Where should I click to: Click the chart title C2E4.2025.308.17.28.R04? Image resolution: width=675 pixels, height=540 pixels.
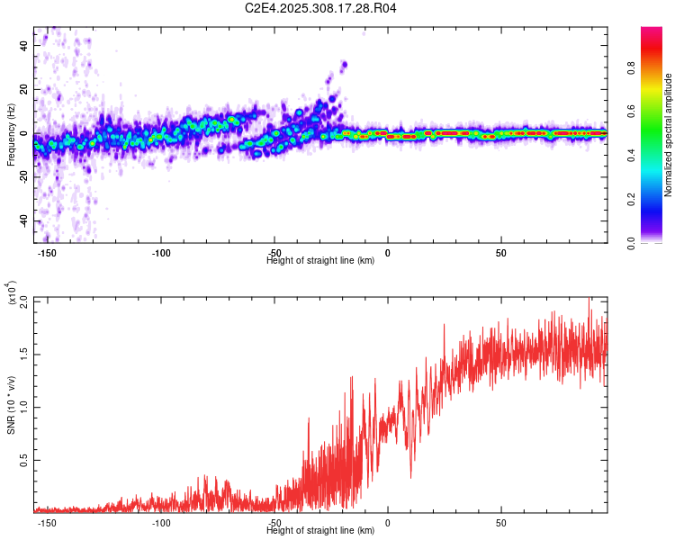(x=321, y=8)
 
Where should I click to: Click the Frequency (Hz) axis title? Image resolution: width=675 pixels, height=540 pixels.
(x=11, y=135)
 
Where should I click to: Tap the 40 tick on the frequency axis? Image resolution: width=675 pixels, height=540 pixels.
(x=25, y=45)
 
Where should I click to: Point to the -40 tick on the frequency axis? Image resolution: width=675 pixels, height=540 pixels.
(x=23, y=221)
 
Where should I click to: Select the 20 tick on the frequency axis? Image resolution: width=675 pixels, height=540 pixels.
(x=25, y=89)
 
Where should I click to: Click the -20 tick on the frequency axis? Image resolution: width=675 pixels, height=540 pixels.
(x=23, y=177)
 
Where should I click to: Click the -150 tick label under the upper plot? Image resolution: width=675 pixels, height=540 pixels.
(x=47, y=253)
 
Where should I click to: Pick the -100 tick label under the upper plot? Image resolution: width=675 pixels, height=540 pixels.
(x=161, y=253)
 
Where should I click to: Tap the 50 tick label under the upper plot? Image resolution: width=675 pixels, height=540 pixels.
(x=500, y=253)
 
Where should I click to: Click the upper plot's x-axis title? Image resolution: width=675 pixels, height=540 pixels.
(x=321, y=261)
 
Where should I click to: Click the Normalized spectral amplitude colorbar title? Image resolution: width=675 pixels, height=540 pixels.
(x=669, y=135)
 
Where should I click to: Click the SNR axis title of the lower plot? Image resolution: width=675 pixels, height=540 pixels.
(x=11, y=405)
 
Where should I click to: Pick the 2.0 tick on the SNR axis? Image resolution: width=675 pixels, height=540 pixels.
(x=23, y=301)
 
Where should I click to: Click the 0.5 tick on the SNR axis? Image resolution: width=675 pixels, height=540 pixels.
(x=23, y=460)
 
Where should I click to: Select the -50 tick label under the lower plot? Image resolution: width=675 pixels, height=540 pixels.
(x=274, y=523)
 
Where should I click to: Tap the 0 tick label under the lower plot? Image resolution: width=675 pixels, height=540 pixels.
(x=388, y=523)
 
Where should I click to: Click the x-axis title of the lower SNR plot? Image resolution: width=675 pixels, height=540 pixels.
(x=321, y=531)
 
